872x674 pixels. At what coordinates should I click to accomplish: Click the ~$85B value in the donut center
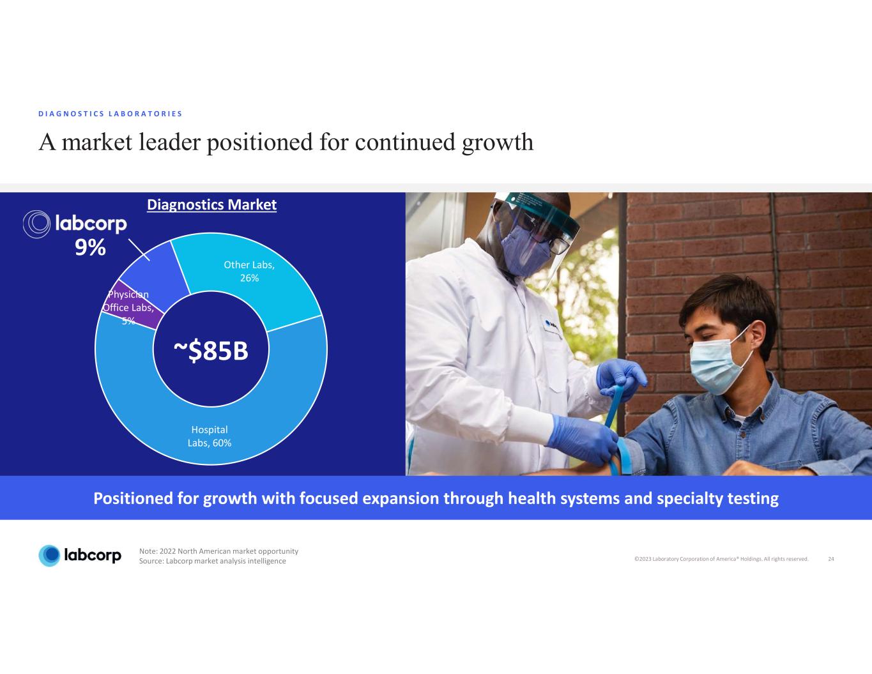211,350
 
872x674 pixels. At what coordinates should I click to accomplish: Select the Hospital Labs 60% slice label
210,436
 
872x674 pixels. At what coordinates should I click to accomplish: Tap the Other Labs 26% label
249,272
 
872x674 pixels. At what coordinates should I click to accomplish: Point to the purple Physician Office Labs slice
134,305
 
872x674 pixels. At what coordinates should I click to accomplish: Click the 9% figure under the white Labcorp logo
90,247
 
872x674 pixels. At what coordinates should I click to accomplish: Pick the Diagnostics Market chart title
212,205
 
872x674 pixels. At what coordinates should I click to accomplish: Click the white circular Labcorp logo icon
36,224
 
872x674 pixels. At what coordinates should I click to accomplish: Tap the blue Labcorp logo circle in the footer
50,556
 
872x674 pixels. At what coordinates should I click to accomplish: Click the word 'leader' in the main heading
169,142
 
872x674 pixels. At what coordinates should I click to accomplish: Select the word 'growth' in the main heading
498,143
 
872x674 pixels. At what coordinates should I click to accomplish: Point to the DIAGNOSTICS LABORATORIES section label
111,114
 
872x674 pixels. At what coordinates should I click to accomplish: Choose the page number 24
831,559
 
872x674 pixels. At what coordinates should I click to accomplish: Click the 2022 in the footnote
168,551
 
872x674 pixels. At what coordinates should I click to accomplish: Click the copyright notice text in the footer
721,559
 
